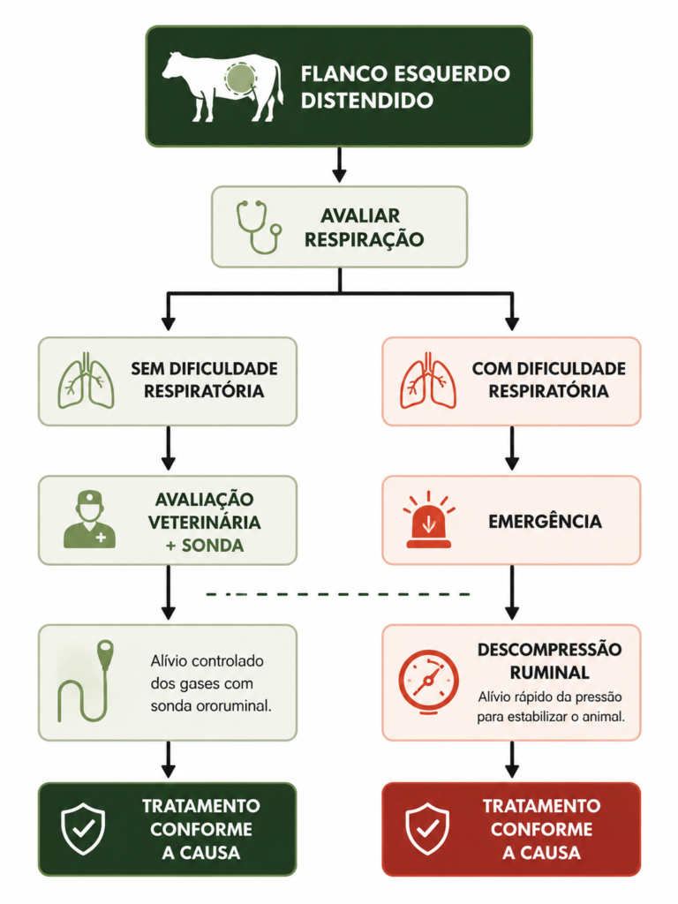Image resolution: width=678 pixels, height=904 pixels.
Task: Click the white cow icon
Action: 222,87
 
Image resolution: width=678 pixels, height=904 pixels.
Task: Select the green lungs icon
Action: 86,381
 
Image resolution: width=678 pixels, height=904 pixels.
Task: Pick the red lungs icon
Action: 428,381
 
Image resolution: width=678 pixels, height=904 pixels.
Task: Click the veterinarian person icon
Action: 89,521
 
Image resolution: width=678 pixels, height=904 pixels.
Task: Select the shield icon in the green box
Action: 84,828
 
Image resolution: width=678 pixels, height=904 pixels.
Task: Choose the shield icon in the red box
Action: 427,828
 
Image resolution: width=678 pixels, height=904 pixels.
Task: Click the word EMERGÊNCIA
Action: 545,522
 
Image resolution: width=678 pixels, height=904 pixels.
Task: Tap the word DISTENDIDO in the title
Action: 366,101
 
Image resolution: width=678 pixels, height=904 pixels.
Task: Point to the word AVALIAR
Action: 360,216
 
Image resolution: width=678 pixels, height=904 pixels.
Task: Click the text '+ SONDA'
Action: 205,546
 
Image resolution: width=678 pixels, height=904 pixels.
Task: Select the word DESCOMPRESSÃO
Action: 549,650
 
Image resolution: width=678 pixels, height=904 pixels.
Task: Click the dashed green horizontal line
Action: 338,594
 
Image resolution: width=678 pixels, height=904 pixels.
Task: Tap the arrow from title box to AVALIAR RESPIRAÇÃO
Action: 340,165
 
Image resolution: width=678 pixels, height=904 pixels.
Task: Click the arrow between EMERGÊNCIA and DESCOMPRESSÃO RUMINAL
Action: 512,592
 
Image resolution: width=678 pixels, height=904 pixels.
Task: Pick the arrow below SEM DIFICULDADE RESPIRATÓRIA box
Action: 169,448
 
